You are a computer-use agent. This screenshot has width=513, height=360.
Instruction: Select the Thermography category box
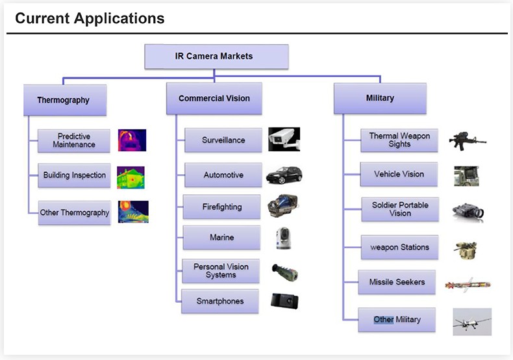click(64, 100)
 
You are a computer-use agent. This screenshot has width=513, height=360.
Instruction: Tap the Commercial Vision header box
click(214, 99)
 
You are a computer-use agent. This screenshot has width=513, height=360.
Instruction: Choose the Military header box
click(380, 98)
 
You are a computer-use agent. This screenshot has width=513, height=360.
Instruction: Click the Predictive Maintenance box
click(74, 140)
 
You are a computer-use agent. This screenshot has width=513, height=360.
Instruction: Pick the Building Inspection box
click(74, 175)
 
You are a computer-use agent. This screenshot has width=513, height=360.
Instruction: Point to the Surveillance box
click(222, 140)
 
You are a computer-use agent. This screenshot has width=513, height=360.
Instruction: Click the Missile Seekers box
click(397, 283)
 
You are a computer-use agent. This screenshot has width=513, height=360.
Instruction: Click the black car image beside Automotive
click(284, 175)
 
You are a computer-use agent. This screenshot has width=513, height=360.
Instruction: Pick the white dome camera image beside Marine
click(284, 238)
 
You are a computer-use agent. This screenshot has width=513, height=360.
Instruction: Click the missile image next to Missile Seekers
click(468, 284)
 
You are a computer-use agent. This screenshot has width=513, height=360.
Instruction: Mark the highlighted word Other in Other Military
click(383, 320)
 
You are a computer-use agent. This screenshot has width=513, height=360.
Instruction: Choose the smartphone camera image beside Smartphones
click(284, 301)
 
